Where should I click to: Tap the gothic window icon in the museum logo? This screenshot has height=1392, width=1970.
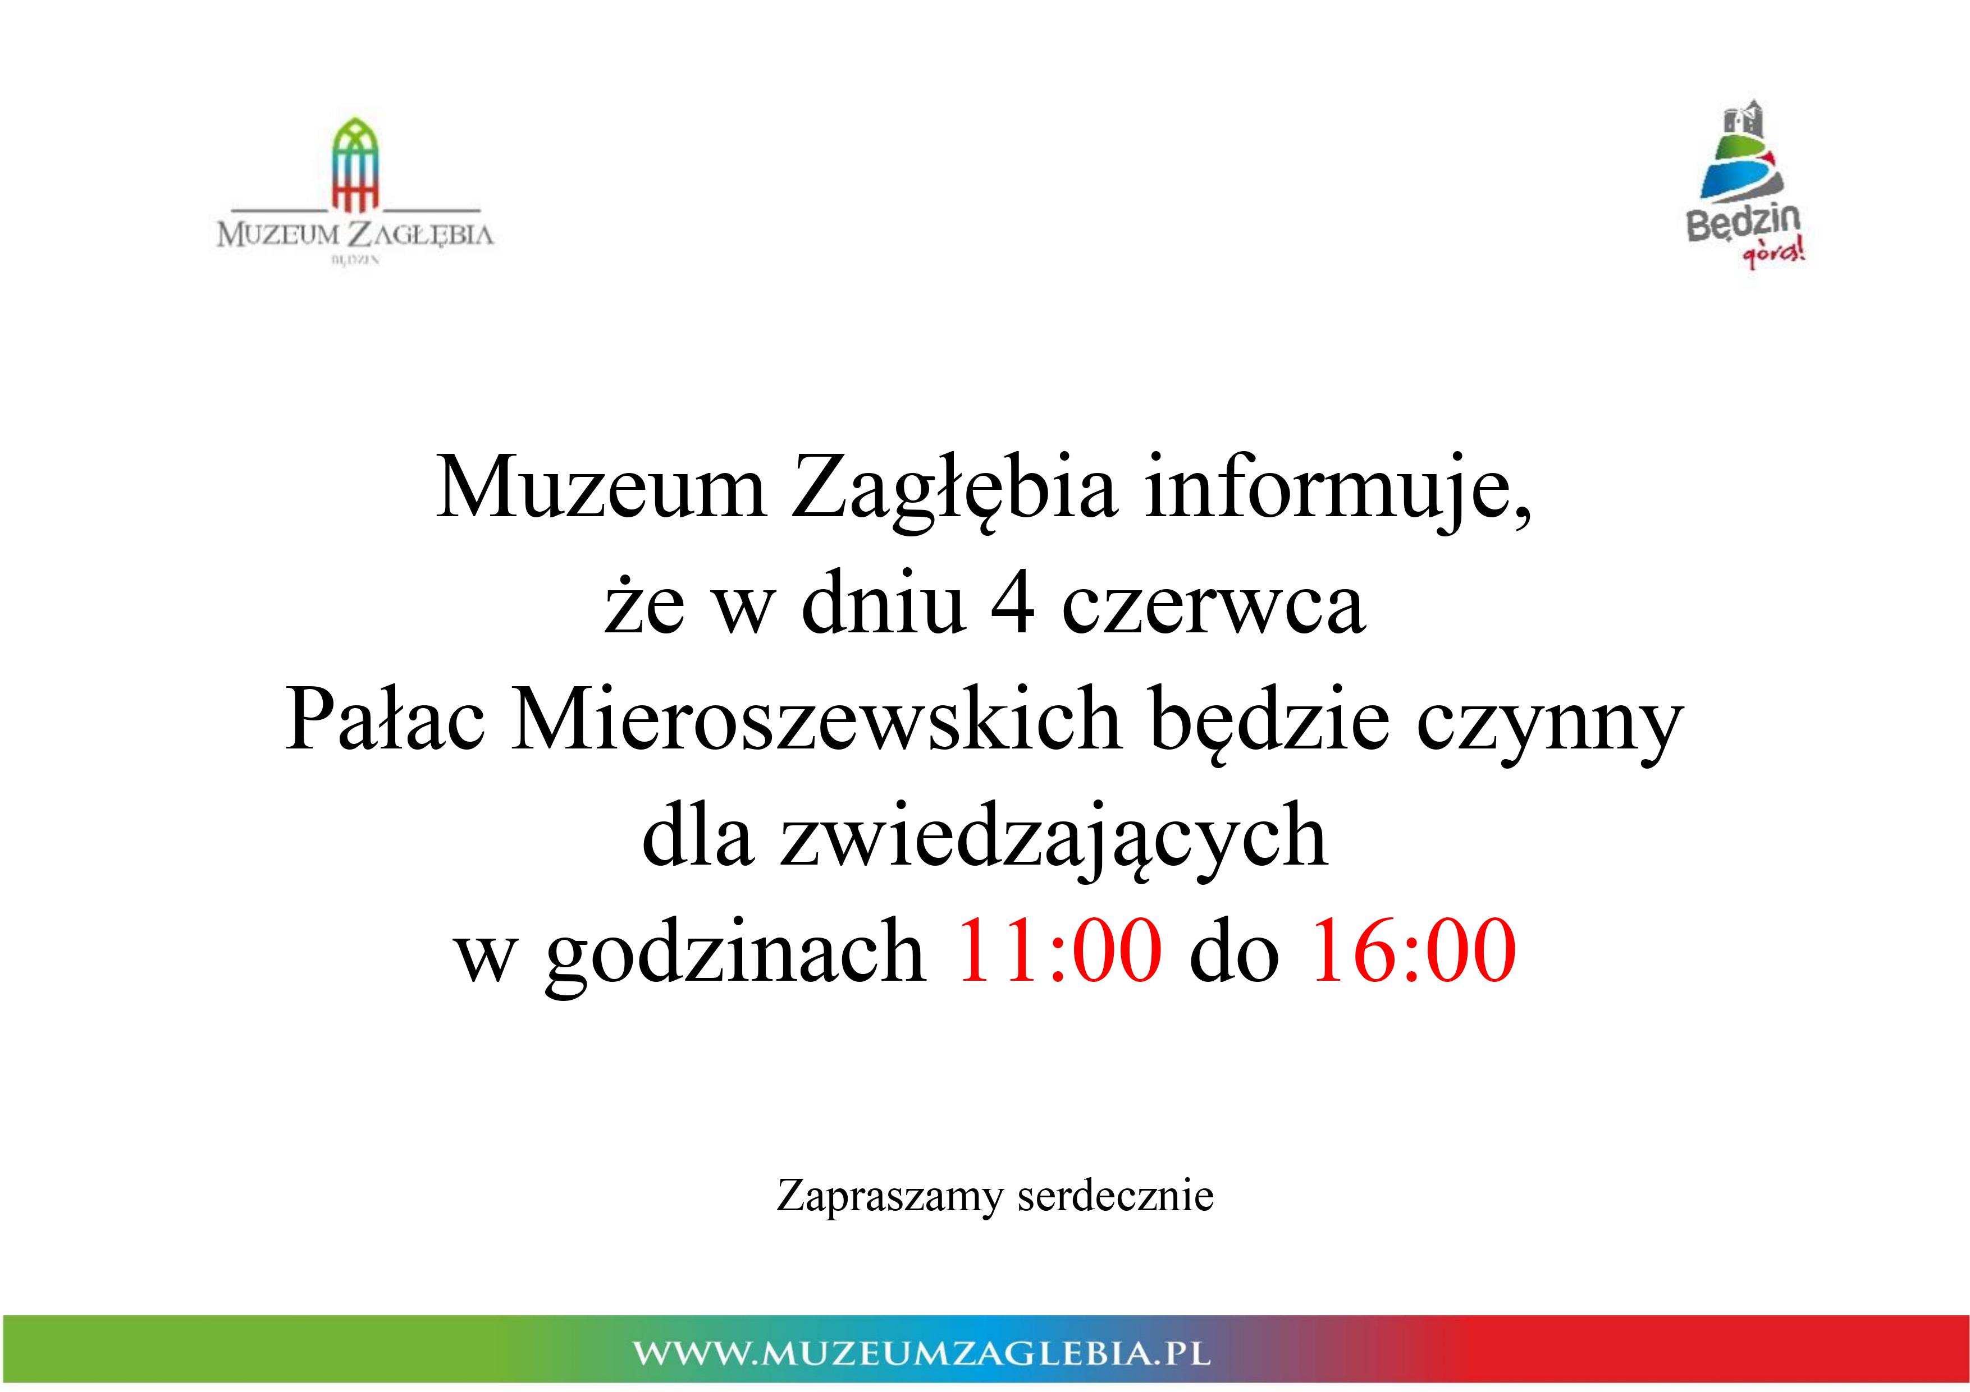click(356, 165)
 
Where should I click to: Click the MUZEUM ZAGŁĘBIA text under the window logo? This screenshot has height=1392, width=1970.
click(355, 234)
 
